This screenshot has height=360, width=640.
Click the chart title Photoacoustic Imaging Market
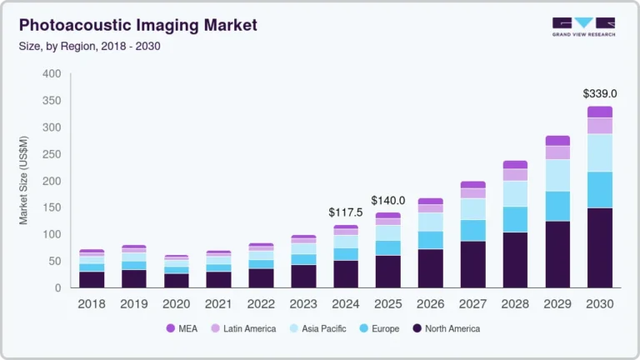pos(138,26)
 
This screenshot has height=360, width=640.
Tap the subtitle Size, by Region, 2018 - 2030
pos(90,46)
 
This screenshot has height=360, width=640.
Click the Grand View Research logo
pos(582,27)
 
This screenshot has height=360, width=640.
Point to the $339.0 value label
pos(599,93)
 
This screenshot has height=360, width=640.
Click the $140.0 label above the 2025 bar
pos(388,200)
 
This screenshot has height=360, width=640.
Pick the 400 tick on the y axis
pos(52,74)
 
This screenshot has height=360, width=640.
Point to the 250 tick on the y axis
pos(52,154)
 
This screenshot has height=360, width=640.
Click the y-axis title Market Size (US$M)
pos(24,181)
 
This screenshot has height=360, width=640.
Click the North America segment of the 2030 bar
pos(599,247)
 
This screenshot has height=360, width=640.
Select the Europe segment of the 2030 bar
pos(599,189)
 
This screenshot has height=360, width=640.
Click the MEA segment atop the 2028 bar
pos(515,164)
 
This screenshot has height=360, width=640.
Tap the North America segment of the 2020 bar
pos(176,280)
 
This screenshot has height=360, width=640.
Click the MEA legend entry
pos(182,328)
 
